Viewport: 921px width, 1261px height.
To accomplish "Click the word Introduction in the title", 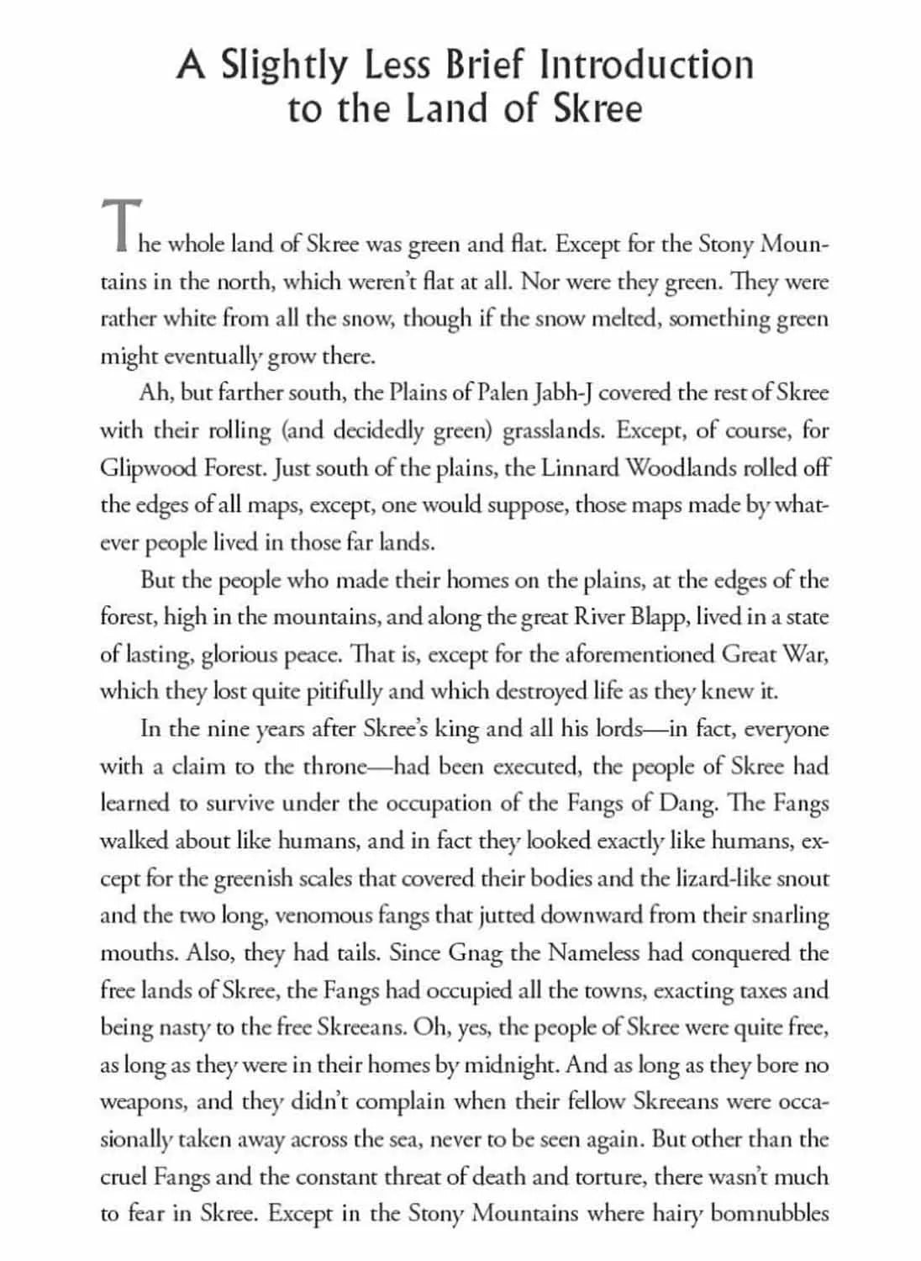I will coord(646,66).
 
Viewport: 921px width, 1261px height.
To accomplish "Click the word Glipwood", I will coord(148,467).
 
